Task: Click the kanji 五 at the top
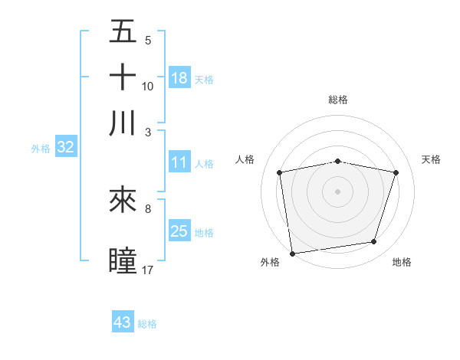click(123, 33)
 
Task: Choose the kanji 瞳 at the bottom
click(123, 259)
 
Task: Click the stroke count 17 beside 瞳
click(148, 270)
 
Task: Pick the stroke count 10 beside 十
click(148, 86)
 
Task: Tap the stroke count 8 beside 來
click(148, 208)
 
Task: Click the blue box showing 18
click(179, 77)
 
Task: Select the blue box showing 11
click(179, 162)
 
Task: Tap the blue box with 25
click(179, 231)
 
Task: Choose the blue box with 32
click(65, 148)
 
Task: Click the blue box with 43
click(123, 322)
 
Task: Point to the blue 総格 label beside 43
click(148, 324)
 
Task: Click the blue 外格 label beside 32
click(41, 149)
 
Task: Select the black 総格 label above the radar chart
click(338, 100)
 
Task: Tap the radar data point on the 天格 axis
click(396, 172)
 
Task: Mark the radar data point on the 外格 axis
click(292, 253)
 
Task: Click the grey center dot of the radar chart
click(338, 191)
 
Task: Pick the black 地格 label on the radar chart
click(402, 263)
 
